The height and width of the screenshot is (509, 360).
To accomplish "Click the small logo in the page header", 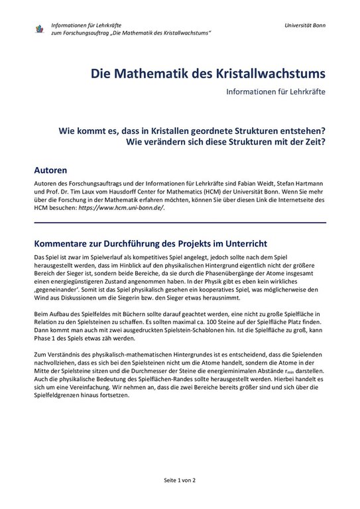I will (x=39, y=28).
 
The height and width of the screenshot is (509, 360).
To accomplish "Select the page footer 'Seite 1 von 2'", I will (x=180, y=479).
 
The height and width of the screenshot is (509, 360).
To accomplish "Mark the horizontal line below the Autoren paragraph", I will (x=180, y=223).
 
